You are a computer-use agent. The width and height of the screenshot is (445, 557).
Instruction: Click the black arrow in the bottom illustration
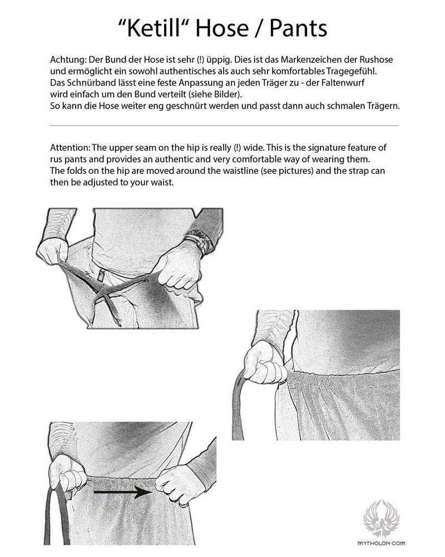click(x=122, y=492)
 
